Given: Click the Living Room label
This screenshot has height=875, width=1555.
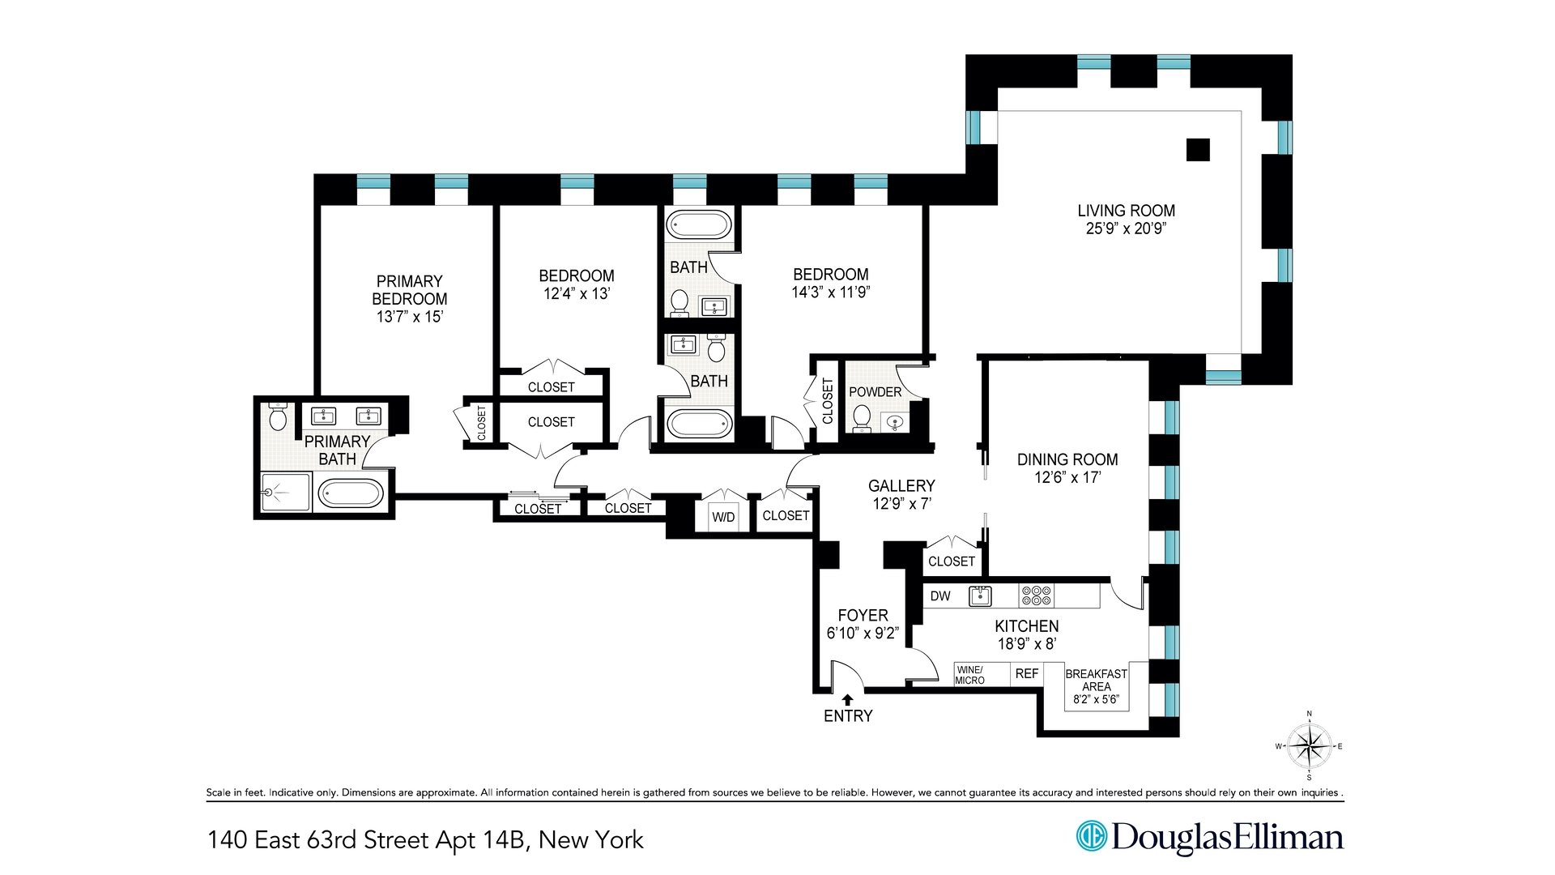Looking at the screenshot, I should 1126,211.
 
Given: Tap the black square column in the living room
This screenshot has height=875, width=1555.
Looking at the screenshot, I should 1198,150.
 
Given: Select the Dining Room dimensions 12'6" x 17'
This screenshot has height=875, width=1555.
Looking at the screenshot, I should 1067,478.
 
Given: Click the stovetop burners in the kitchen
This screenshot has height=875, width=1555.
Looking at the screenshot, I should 1036,596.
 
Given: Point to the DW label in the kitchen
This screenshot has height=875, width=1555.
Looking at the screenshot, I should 940,596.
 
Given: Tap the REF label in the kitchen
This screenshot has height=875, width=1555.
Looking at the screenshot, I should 1026,673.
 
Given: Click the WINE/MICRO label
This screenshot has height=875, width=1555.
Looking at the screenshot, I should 969,675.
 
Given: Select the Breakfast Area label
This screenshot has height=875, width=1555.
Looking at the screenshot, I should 1096,680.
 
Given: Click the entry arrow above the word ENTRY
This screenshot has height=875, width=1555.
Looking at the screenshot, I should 847,699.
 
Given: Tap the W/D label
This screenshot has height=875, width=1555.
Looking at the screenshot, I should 723,517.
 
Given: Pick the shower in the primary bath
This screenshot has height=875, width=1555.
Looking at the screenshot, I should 284,493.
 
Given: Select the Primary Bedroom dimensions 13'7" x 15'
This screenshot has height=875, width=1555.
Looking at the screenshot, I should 409,317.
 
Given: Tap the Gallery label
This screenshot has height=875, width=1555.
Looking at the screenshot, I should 901,486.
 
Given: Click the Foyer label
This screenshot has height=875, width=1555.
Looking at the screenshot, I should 863,616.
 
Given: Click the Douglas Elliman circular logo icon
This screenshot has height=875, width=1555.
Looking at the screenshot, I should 1091,836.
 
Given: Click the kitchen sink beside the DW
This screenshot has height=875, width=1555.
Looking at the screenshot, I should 980,596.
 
